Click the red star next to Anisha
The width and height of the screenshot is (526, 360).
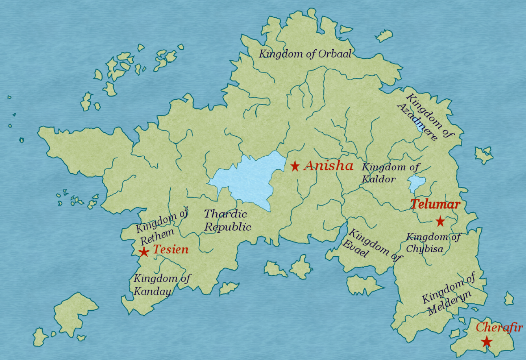click(x=295, y=166)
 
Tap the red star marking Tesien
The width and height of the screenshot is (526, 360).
click(x=144, y=252)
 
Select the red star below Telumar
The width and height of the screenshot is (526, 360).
click(x=440, y=221)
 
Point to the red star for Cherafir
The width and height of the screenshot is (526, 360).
click(x=486, y=342)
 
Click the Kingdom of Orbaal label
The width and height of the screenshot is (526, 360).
click(x=305, y=54)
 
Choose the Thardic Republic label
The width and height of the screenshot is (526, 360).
click(x=227, y=220)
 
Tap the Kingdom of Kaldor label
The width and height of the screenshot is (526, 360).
click(x=390, y=173)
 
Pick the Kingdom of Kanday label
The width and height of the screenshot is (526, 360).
click(x=161, y=285)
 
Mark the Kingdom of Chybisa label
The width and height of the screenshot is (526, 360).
click(x=432, y=243)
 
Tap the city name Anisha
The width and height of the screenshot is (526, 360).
click(x=328, y=166)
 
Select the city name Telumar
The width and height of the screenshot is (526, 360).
click(x=435, y=204)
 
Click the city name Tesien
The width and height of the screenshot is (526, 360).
click(x=171, y=249)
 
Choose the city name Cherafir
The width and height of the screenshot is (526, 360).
click(x=499, y=327)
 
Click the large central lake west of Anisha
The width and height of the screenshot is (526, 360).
click(x=250, y=179)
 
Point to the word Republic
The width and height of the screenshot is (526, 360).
click(x=228, y=227)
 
